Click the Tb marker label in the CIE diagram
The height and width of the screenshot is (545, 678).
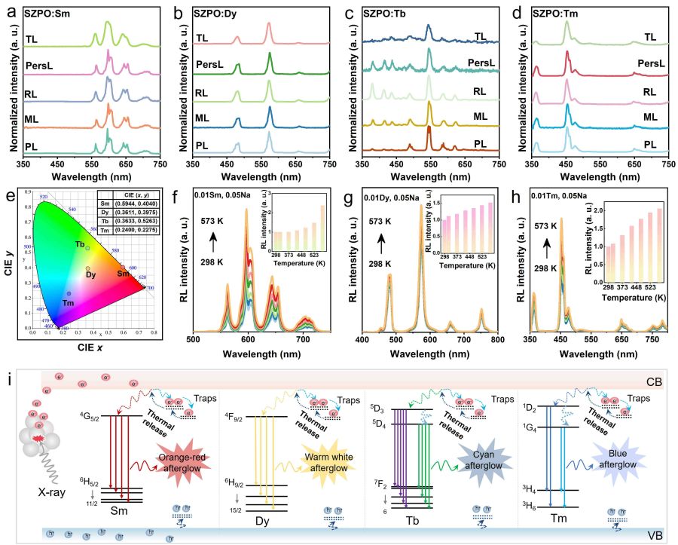[79, 244]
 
